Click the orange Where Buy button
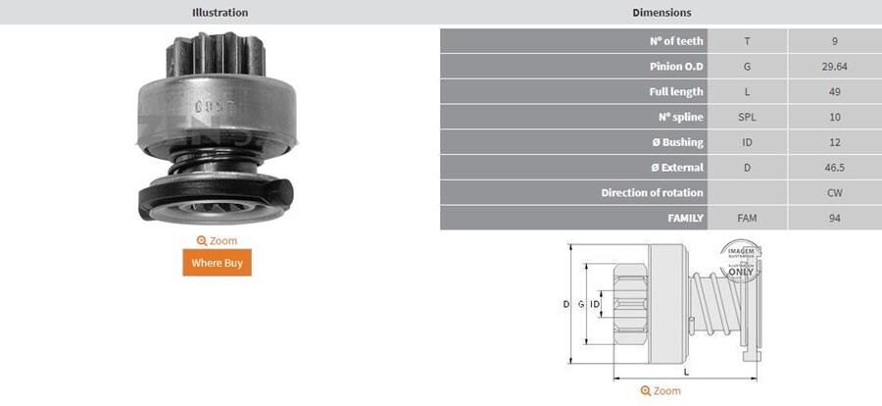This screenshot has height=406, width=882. point(217,263)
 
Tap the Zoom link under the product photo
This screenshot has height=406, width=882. point(217,240)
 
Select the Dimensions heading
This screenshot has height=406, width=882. point(661,13)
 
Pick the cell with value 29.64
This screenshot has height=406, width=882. point(834,67)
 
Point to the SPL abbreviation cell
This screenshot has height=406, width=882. point(747,117)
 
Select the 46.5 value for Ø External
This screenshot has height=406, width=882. point(834,168)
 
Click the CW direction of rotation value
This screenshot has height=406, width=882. point(834,193)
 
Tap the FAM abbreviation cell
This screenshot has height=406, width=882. point(747,218)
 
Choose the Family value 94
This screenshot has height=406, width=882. point(834,218)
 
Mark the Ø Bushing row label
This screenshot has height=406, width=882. point(677,142)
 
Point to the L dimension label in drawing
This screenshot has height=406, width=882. point(686,372)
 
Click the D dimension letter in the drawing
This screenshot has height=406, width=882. point(565,305)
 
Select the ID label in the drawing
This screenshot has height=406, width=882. point(595,305)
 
